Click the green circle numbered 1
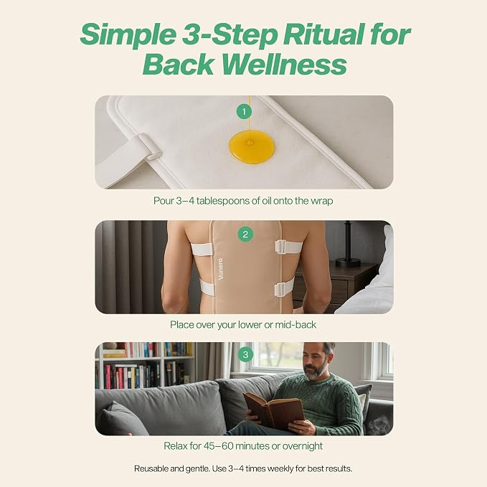click(244, 111)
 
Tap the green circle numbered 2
click(245, 234)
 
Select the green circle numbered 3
click(245, 354)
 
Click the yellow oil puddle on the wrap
click(252, 147)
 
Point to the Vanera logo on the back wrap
click(220, 269)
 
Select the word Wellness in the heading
click(284, 65)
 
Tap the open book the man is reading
click(273, 410)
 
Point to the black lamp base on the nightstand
click(348, 262)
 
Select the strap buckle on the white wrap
click(149, 146)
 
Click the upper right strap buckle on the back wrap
click(280, 246)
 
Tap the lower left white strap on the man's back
click(207, 288)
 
